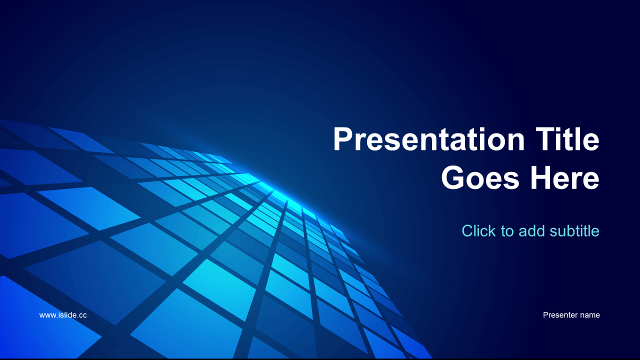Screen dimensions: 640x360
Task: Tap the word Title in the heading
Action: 567,139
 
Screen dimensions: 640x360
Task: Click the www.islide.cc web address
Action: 63,315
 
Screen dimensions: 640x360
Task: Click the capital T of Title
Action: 545,139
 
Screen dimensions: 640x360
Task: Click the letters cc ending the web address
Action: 83,315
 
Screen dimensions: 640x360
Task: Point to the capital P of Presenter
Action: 545,315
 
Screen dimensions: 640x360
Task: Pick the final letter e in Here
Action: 591,180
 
